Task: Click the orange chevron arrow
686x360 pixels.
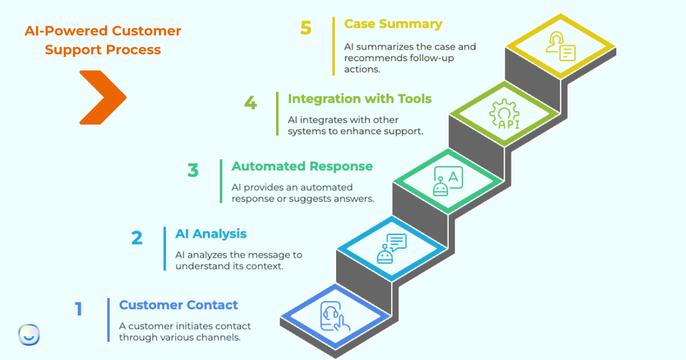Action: click(x=102, y=97)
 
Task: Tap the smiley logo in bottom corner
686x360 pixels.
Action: click(x=29, y=335)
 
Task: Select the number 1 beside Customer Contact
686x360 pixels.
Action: click(x=79, y=309)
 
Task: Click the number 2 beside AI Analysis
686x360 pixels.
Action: click(x=137, y=238)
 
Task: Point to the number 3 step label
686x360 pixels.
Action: click(x=193, y=170)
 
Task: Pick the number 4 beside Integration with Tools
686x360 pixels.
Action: click(x=250, y=103)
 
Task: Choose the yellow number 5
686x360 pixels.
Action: click(x=306, y=28)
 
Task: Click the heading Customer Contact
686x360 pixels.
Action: click(x=178, y=305)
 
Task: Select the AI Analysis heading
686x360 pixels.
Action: click(x=211, y=234)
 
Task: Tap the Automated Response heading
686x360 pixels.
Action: click(x=302, y=166)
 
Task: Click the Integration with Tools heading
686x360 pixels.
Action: click(x=360, y=99)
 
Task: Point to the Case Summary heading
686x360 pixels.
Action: click(x=393, y=24)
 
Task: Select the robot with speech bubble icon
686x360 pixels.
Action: click(x=392, y=249)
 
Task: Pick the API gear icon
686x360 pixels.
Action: click(x=504, y=114)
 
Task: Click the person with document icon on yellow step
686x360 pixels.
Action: click(x=560, y=47)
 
